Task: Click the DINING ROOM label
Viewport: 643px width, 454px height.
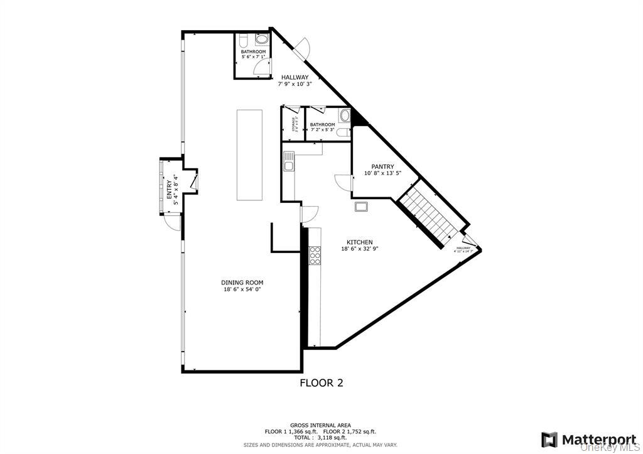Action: click(x=240, y=282)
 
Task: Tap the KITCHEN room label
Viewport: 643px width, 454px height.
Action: click(x=360, y=242)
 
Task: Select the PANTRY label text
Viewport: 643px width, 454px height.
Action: click(x=382, y=166)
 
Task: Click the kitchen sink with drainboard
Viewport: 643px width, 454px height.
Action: click(x=288, y=166)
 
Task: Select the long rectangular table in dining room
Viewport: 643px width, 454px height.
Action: click(x=249, y=154)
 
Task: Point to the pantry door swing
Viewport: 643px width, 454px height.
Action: click(x=343, y=181)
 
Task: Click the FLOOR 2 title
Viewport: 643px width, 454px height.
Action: click(x=321, y=382)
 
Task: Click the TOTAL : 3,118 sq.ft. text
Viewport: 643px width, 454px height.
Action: click(x=321, y=438)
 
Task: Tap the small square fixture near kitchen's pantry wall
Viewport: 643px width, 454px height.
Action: click(x=362, y=207)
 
